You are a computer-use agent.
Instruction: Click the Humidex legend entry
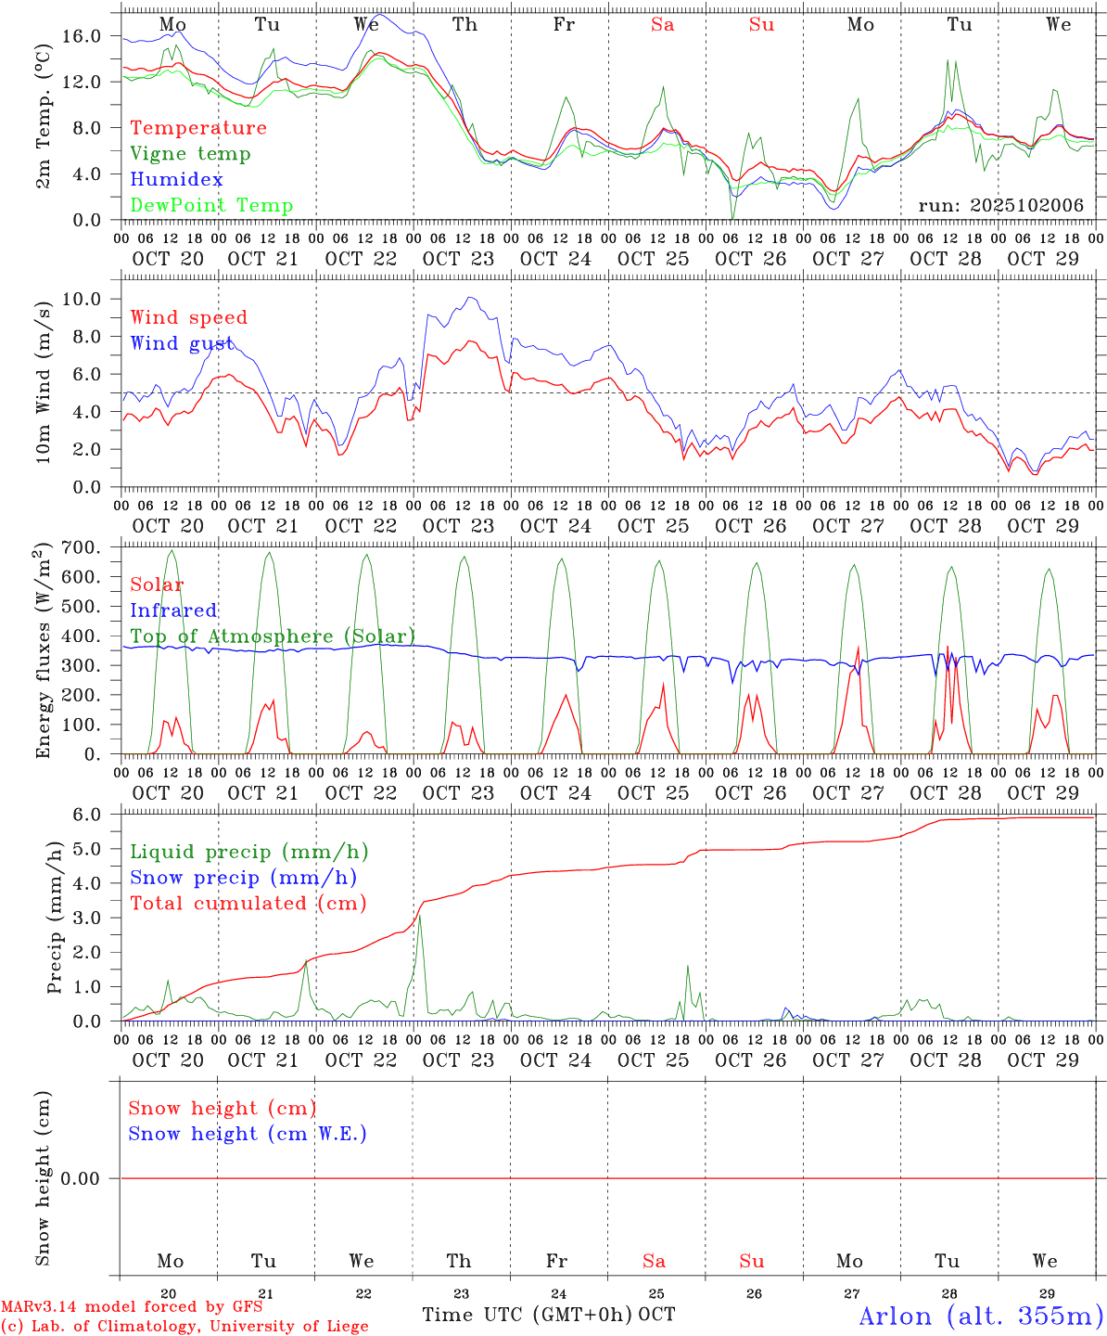pos(176,179)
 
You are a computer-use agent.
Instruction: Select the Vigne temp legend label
pos(190,153)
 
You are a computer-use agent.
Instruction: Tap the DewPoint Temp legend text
pos(211,205)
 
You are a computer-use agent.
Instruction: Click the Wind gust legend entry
pos(182,343)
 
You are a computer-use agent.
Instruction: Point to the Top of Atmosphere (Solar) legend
pos(273,636)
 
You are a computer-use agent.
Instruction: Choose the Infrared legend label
pos(173,610)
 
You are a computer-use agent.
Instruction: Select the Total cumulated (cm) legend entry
pos(248,903)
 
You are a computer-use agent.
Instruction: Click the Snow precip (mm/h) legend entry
pos(243,878)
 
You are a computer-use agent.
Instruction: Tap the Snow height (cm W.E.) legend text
pos(247,1134)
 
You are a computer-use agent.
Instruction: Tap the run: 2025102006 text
pos(1000,205)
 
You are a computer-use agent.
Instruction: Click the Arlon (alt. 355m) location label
pos(981,1316)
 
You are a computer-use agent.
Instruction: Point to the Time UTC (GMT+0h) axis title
pos(528,1315)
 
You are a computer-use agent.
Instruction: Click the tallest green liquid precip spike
pos(419,917)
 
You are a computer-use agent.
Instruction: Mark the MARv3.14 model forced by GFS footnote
pos(132,1306)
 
